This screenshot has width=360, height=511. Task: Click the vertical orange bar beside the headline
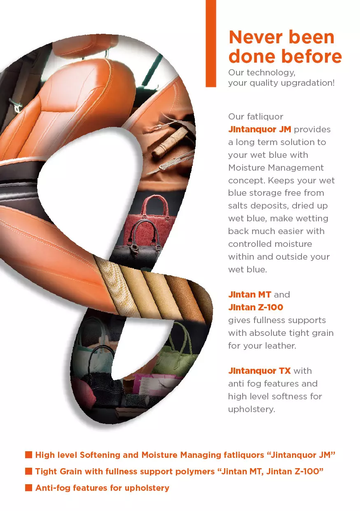(x=210, y=43)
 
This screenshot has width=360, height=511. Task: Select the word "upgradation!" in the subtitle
(x=308, y=83)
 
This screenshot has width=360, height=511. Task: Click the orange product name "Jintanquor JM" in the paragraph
(x=259, y=129)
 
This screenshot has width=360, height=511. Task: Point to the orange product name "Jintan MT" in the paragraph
(x=250, y=295)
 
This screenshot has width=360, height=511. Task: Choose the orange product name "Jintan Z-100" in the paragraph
(x=255, y=307)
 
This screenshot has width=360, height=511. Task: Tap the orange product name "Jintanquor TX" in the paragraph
(x=259, y=371)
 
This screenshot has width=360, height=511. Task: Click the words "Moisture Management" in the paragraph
(x=276, y=168)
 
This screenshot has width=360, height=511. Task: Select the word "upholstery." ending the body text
(x=252, y=410)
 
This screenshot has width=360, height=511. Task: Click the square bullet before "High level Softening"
(x=28, y=455)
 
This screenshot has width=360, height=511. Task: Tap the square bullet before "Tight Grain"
(x=28, y=471)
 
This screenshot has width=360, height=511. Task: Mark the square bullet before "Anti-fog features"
(x=28, y=488)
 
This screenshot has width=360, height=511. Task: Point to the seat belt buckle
(x=16, y=106)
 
